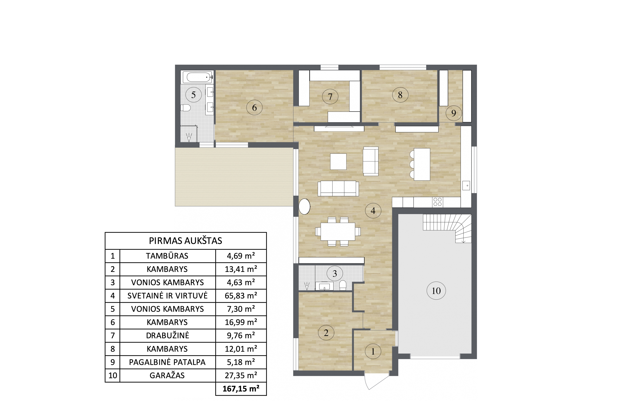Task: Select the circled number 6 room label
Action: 254,108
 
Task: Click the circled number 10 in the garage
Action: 436,291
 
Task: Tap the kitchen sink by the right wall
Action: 466,185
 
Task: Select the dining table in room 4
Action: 338,231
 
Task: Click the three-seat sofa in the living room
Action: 338,189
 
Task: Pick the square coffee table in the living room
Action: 338,161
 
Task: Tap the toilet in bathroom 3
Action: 343,285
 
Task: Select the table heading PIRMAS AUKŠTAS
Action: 185,241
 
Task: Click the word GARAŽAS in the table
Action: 167,375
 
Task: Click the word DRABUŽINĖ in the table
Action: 167,335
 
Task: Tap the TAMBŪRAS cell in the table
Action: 167,256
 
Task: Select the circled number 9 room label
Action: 454,113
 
